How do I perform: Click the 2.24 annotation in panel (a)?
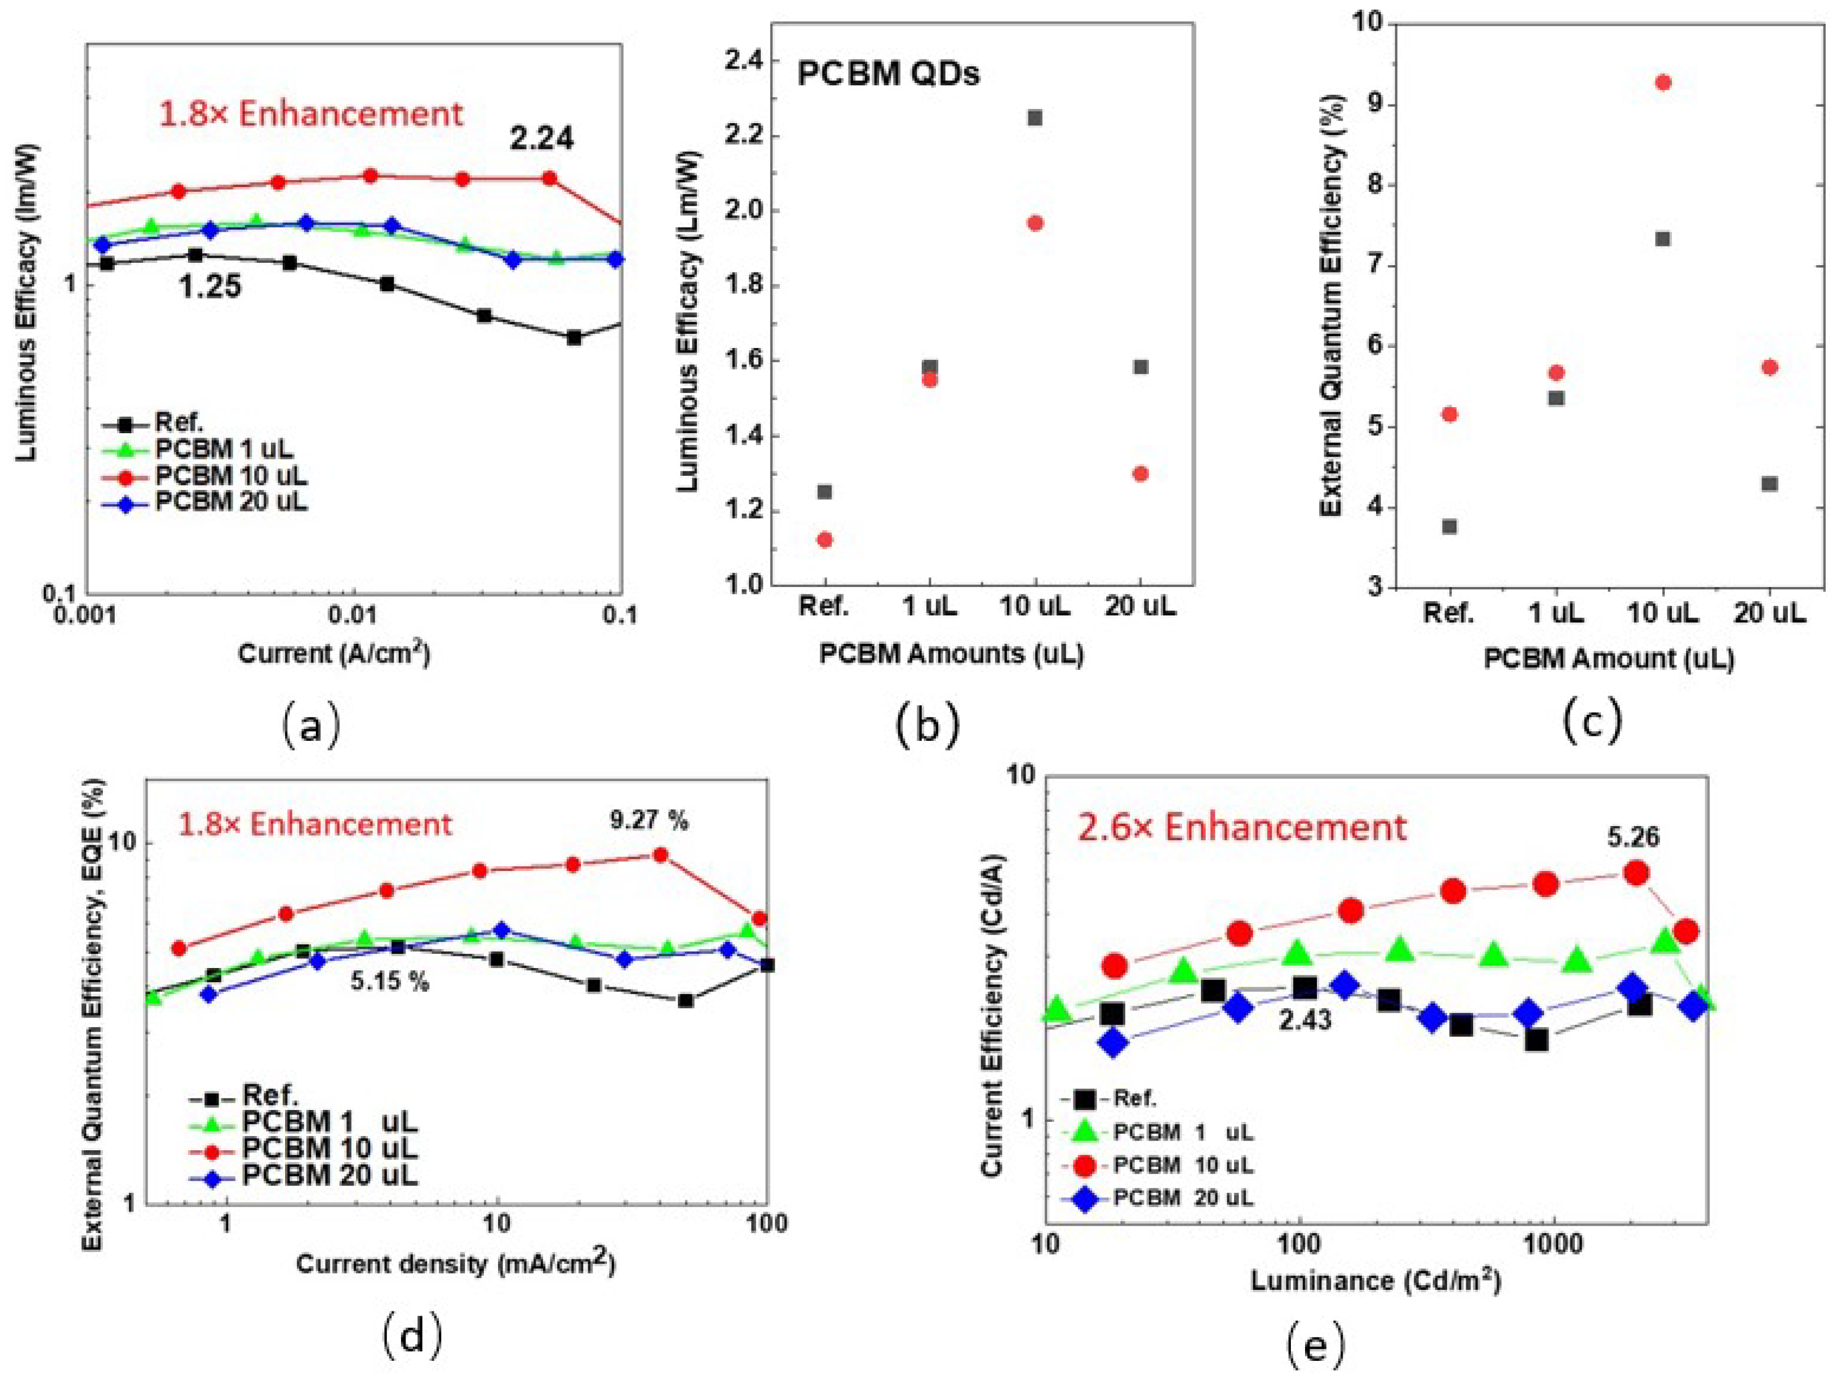pos(542,138)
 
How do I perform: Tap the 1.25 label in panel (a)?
pos(211,287)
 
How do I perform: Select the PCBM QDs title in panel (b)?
pos(888,74)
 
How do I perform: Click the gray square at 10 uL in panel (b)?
pos(1035,118)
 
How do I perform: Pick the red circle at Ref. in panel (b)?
pos(825,540)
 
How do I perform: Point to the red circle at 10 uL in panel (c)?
pos(1663,82)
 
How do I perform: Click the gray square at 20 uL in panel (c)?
pos(1769,484)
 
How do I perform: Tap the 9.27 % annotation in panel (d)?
pos(649,821)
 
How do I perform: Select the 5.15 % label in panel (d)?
pos(389,982)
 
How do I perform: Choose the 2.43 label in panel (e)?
pos(1304,1020)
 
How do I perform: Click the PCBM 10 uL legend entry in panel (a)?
pos(231,476)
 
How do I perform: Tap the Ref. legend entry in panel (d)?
pos(270,1095)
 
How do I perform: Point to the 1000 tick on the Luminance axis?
pos(1553,1245)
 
